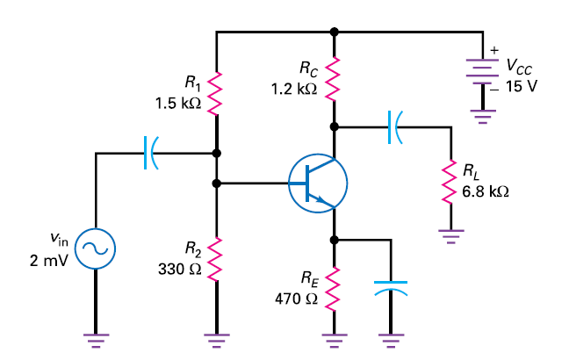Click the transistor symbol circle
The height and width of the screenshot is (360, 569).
[318, 184]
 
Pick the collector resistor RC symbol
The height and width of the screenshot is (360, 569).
[333, 78]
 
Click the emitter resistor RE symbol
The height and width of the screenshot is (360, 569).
[333, 289]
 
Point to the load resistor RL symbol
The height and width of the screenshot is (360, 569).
[450, 181]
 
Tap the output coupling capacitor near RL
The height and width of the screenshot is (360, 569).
[393, 127]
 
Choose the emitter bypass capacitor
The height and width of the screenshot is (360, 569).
[391, 287]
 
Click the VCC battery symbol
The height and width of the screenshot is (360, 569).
[482, 75]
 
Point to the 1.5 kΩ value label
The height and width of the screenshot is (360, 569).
[178, 103]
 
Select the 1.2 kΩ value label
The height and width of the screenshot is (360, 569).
[295, 89]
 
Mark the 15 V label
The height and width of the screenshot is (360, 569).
[522, 88]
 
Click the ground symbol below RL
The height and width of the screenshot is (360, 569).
[450, 234]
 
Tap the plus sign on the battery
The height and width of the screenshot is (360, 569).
[494, 48]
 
